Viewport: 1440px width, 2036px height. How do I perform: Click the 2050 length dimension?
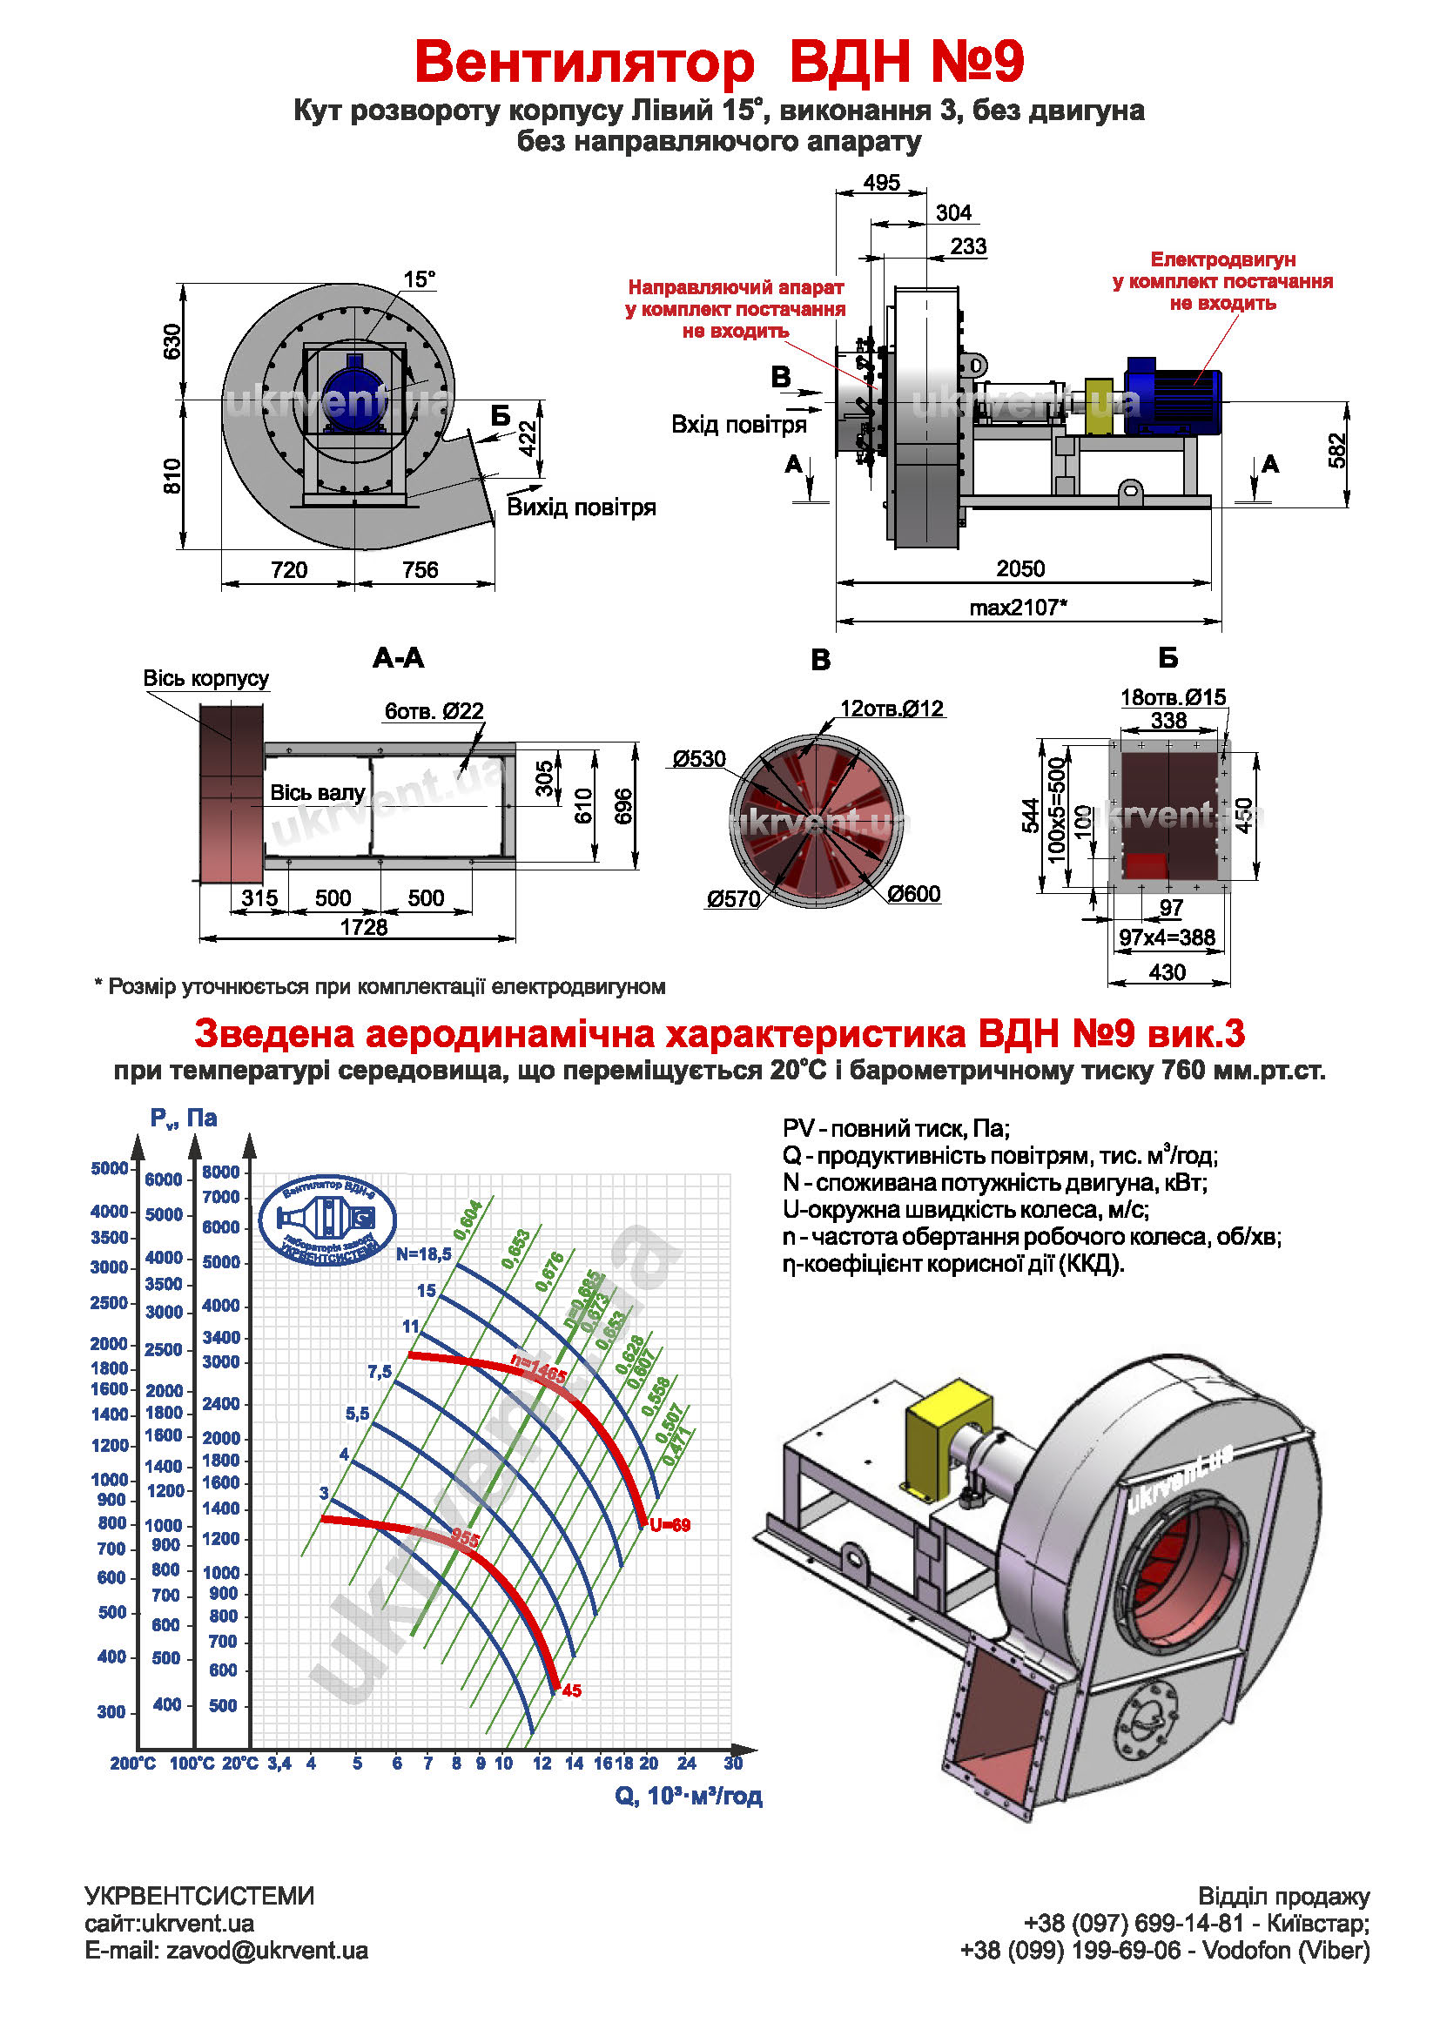(1019, 568)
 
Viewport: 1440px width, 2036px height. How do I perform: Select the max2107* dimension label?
(1018, 608)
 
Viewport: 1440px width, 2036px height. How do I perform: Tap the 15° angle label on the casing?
(420, 279)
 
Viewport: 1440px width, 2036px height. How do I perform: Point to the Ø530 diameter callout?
(699, 759)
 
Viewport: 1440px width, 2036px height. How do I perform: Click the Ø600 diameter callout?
(913, 894)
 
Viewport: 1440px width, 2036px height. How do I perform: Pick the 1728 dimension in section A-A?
(364, 927)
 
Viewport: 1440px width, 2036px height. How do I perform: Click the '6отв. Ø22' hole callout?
(434, 711)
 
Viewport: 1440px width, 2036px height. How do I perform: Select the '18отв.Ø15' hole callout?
(1172, 697)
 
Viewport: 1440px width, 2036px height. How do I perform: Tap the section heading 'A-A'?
(398, 658)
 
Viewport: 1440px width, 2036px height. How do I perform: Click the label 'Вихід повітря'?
(581, 507)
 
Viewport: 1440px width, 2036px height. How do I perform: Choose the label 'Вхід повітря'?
(738, 425)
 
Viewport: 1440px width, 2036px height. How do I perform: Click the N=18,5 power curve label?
(423, 1253)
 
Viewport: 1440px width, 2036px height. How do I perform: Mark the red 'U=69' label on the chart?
(670, 1525)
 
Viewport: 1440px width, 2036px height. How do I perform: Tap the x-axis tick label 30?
(732, 1763)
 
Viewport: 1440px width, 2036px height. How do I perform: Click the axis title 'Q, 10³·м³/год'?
(688, 1796)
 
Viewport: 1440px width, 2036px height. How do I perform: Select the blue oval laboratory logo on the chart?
(327, 1220)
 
